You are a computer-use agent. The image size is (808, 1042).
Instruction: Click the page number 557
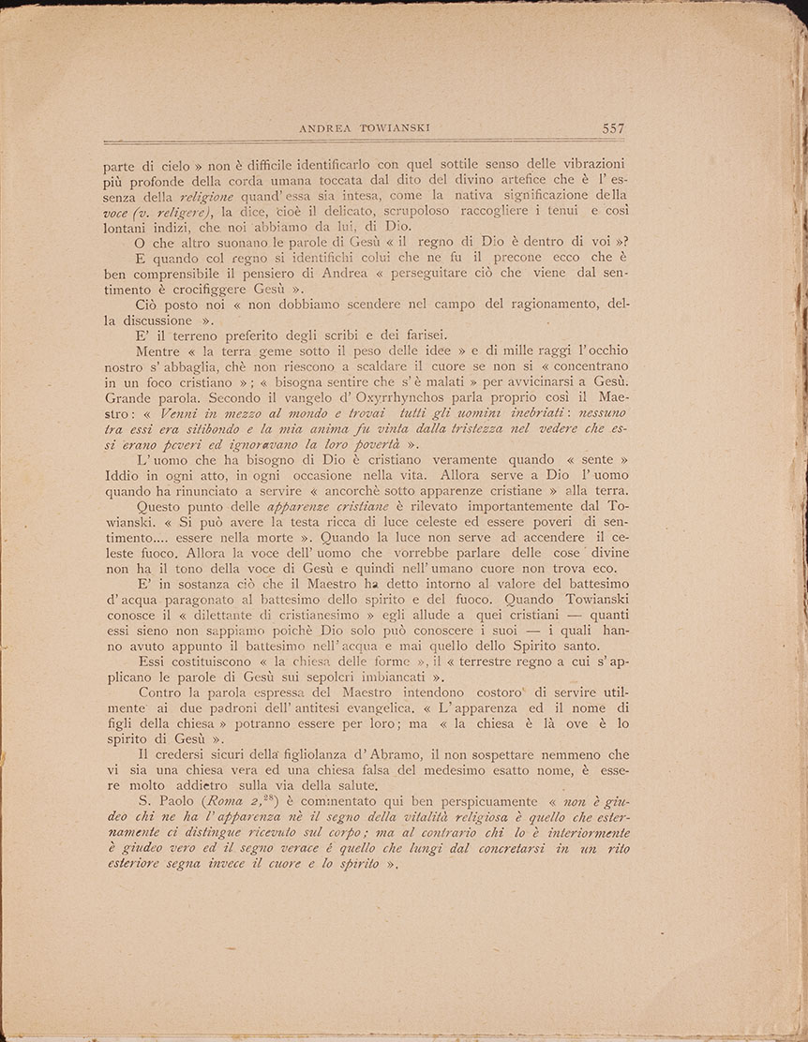click(x=608, y=128)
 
